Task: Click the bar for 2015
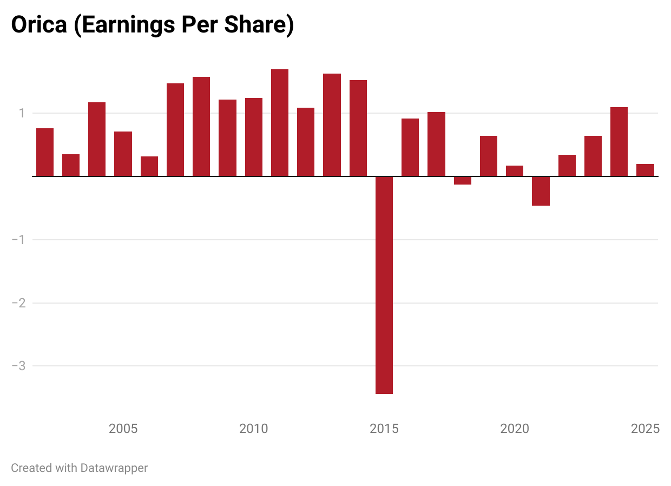tap(384, 285)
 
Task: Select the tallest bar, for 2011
tap(280, 123)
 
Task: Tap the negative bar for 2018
tap(463, 180)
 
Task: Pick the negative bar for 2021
tap(541, 191)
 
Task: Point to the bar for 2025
tap(645, 170)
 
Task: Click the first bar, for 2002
tap(45, 152)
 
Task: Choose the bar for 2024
tap(619, 142)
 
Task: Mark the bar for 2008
tap(201, 127)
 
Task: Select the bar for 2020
tap(515, 171)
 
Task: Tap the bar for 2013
tap(332, 125)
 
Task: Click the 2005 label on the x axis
tap(123, 429)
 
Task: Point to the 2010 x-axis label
tap(254, 429)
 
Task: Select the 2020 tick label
tap(515, 429)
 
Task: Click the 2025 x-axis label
tap(645, 429)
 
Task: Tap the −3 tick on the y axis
tap(19, 366)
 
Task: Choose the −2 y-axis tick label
tap(19, 303)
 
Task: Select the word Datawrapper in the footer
tap(114, 468)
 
